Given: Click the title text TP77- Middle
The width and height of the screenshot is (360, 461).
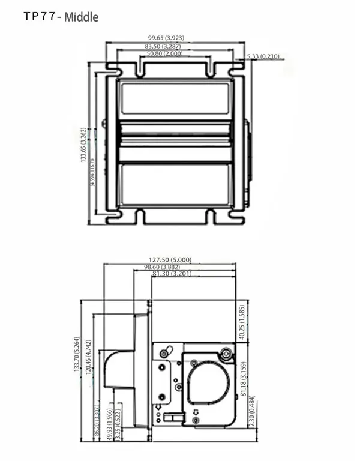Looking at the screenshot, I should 61,17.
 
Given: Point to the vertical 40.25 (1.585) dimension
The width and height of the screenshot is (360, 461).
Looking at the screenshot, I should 242,322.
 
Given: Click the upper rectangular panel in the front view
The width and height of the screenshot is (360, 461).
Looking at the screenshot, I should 175,98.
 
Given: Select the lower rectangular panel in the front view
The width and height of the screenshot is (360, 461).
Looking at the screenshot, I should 175,184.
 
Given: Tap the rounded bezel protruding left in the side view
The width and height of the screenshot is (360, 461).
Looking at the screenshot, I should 119,369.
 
